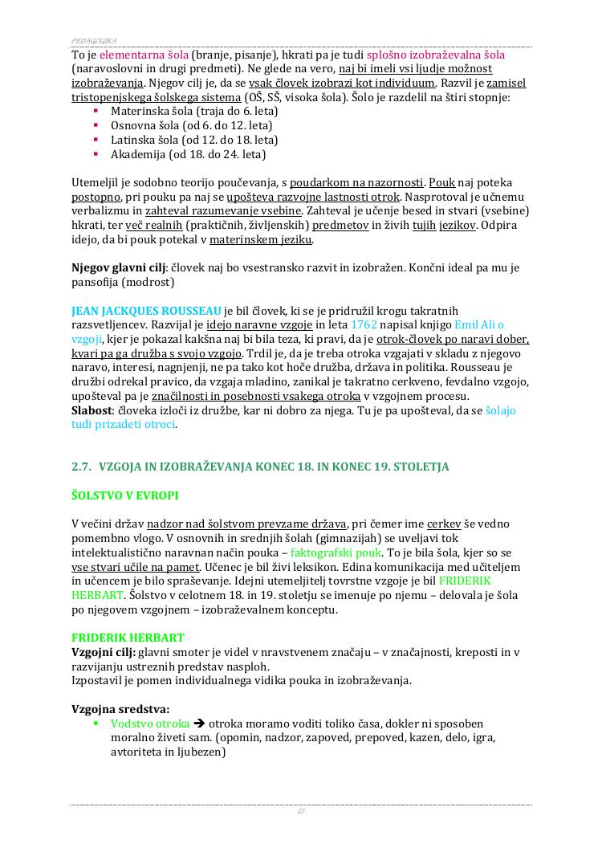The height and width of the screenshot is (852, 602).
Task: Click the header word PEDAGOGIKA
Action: [x=94, y=39]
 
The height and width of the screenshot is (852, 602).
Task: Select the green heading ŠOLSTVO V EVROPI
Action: [x=124, y=495]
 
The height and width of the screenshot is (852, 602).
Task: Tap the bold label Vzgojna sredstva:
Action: [x=120, y=710]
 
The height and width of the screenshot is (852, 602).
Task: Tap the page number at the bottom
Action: [x=301, y=813]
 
